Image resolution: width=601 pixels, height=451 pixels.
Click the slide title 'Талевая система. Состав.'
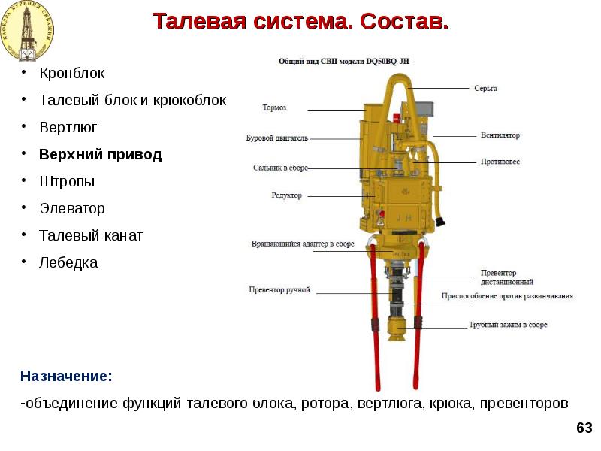tap(300, 21)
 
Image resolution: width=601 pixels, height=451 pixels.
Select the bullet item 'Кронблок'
tap(72, 74)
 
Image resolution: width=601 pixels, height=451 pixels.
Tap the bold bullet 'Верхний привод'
tap(100, 155)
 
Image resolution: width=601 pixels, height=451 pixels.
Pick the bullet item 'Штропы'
tap(67, 182)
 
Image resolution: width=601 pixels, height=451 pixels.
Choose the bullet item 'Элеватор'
tap(72, 209)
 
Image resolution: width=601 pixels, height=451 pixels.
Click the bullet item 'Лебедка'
tap(68, 263)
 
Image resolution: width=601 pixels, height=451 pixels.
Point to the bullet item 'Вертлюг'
tap(68, 128)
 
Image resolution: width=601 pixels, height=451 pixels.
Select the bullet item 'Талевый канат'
tap(91, 236)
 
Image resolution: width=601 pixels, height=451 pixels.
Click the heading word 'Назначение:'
tap(66, 375)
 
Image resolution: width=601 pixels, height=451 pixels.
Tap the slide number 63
tap(584, 428)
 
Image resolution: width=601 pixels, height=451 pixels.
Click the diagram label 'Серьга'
tap(485, 89)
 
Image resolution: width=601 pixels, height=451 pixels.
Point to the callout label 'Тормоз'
tap(274, 107)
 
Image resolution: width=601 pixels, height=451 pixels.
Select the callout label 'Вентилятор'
tap(500, 136)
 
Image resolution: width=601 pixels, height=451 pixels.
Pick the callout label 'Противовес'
tap(500, 162)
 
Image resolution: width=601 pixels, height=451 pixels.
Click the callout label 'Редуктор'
tap(286, 195)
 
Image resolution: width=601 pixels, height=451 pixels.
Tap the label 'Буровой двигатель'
tap(276, 138)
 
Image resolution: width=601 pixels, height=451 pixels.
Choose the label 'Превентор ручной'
tap(279, 290)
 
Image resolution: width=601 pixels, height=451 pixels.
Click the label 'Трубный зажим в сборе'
tap(508, 325)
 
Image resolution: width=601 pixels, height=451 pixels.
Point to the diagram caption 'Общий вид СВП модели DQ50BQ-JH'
tap(347, 62)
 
